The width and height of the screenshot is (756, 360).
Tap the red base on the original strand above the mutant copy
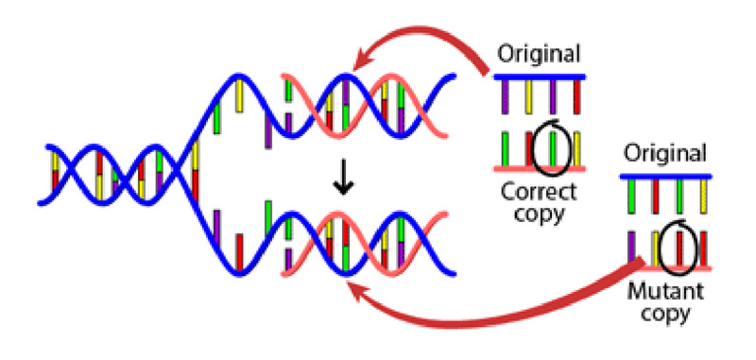[x=654, y=195]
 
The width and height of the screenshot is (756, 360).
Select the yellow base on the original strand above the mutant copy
[x=703, y=195]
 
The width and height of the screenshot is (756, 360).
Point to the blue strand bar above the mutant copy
[x=666, y=176]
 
